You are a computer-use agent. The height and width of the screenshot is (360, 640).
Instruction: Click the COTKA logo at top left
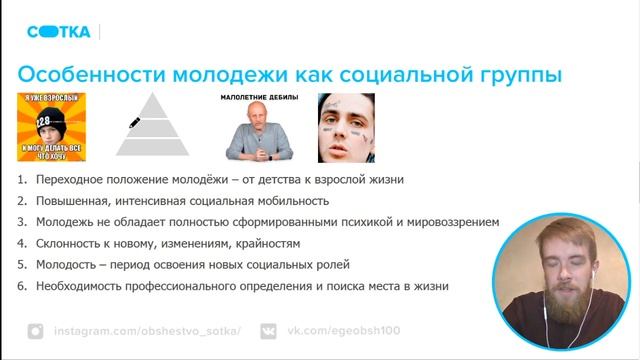click(x=58, y=31)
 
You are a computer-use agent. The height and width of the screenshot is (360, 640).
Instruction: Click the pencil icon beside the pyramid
click(x=134, y=123)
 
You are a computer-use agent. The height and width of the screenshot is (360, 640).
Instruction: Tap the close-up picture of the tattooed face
click(x=345, y=127)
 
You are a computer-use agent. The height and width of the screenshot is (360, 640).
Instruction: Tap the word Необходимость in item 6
click(x=80, y=285)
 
